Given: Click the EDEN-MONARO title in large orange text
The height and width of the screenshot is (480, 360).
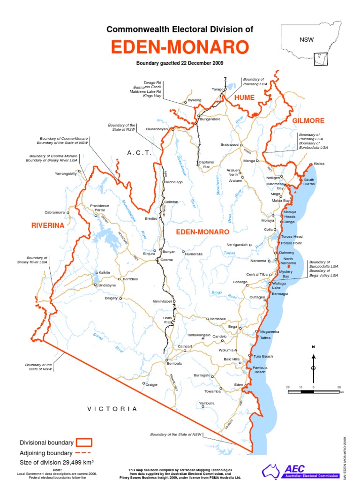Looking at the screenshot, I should pos(180,48).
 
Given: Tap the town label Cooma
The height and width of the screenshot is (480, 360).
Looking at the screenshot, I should pos(167,260).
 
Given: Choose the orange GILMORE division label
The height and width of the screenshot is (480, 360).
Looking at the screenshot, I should pos(308,120).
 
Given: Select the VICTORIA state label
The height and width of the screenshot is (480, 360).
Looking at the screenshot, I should pos(112,409).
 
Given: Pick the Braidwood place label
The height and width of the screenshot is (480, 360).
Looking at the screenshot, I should pos(230,145).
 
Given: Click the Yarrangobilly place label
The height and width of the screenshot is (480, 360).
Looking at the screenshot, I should pos(66,173).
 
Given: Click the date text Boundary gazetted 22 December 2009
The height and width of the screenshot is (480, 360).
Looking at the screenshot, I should pos(180,63).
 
